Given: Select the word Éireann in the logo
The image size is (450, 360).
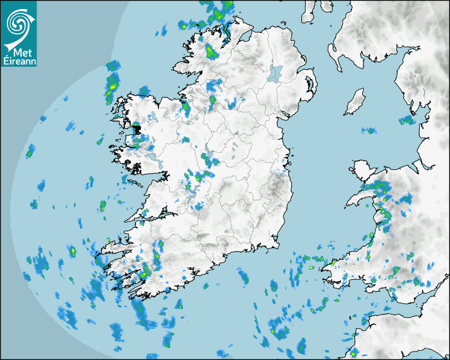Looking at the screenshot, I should pyautogui.click(x=19, y=62).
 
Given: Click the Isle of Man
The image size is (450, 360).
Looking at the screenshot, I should pyautogui.click(x=355, y=102).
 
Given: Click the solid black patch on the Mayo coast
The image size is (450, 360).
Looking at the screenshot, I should pyautogui.click(x=136, y=129).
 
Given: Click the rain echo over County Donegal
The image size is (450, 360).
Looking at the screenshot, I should pyautogui.click(x=211, y=51).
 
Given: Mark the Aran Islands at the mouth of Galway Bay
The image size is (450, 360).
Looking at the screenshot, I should pyautogui.click(x=137, y=184).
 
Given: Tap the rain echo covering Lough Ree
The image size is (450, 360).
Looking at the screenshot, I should pyautogui.click(x=207, y=159).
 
